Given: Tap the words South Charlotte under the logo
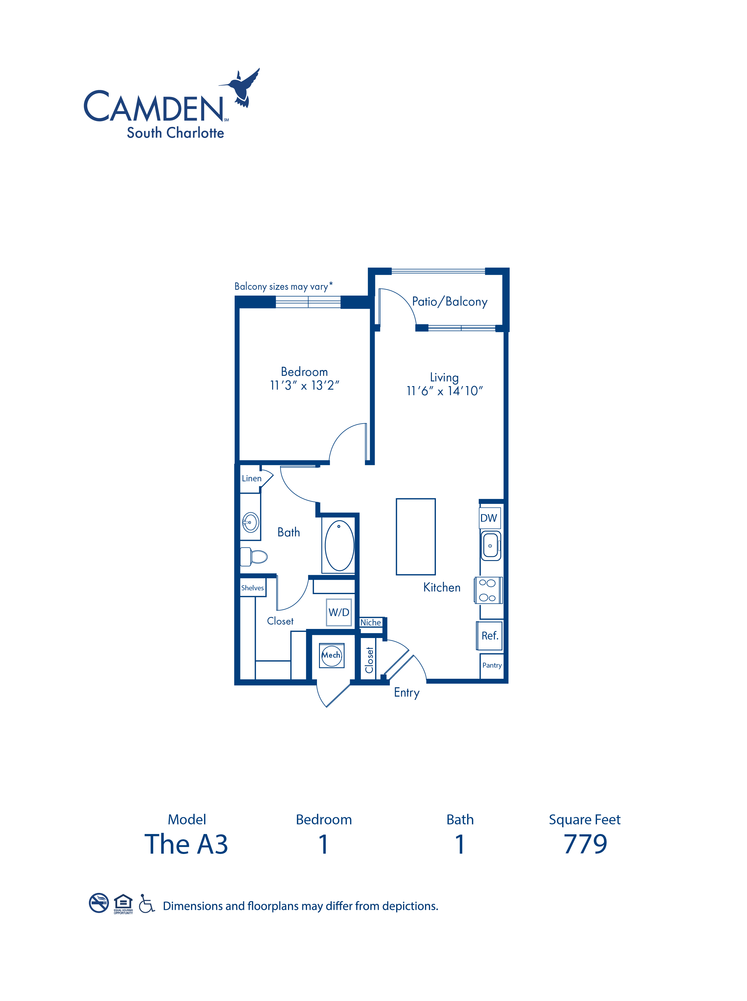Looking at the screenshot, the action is pos(175,133).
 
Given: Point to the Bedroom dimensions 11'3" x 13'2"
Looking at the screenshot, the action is pos(304,386).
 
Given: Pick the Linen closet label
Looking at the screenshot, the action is pos(251,478).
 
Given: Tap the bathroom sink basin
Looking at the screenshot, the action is pos(250,522).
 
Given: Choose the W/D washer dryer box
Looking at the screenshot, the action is pos(339,612).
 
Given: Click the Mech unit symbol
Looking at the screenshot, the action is pos(331,655).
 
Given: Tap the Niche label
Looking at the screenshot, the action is pos(370,623).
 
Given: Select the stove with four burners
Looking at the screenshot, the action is pos(488,590).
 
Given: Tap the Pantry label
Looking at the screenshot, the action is pos(492,665).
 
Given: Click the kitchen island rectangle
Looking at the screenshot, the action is pos(416,537).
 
